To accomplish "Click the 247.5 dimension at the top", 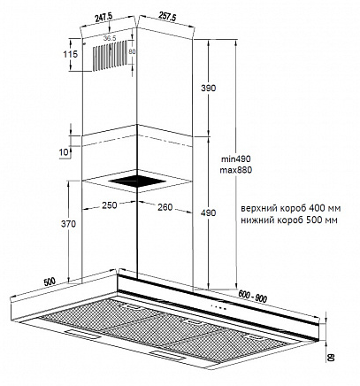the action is click(x=103, y=17).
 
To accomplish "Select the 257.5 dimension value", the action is click(x=167, y=16).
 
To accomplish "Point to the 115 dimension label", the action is click(x=71, y=54).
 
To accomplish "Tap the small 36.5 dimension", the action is click(x=110, y=38).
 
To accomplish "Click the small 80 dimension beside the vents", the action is click(x=132, y=51).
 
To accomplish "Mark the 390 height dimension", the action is click(x=209, y=88).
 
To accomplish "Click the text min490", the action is click(x=236, y=159).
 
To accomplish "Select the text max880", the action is click(x=236, y=170).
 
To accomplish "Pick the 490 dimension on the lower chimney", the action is click(x=209, y=212).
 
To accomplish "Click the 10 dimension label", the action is click(x=64, y=152).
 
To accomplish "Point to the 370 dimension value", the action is click(x=68, y=224).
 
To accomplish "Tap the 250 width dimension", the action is click(x=110, y=205).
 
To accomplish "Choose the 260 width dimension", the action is click(x=165, y=207).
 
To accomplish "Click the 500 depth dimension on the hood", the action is click(x=50, y=282).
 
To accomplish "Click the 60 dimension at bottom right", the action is click(x=331, y=357).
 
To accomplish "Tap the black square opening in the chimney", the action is click(x=136, y=181).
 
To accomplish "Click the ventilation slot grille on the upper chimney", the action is click(x=111, y=56).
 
